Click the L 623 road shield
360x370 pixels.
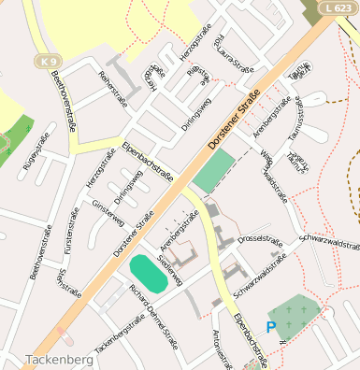(x=339, y=7)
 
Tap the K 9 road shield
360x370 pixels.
(x=49, y=62)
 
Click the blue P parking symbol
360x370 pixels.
(x=271, y=327)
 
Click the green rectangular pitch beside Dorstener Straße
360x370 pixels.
(x=214, y=171)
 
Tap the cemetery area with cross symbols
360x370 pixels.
(x=294, y=317)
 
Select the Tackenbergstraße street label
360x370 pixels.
(x=119, y=334)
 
